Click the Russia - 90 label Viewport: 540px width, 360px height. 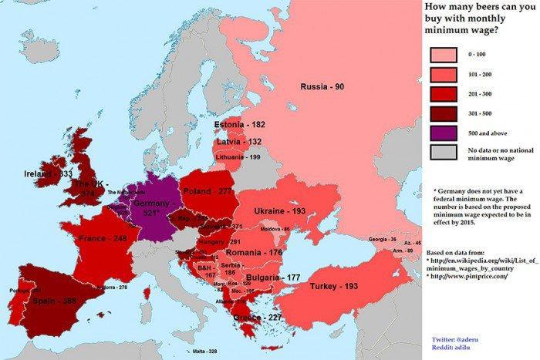tap(327, 86)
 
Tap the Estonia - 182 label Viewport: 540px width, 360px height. tap(241, 125)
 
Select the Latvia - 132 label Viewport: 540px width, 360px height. tap(238, 141)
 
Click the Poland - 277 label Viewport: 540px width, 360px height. tap(208, 190)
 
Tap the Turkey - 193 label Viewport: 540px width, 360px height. tap(335, 286)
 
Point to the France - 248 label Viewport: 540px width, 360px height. tap(103, 239)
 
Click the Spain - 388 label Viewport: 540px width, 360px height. tap(55, 301)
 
